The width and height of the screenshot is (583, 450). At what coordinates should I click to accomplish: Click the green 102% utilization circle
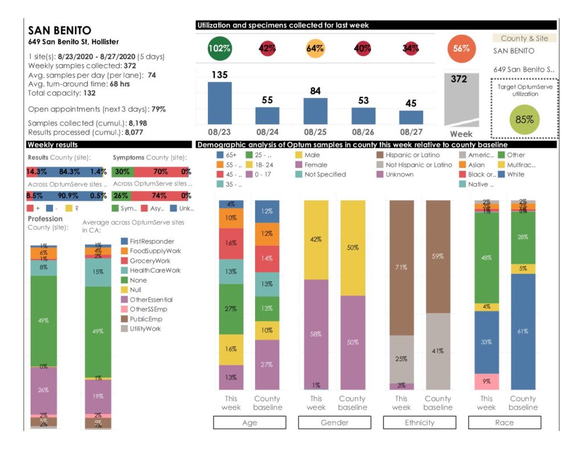point(219,48)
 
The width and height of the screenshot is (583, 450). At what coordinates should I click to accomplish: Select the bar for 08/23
point(219,103)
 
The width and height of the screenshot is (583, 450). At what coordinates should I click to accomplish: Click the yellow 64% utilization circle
point(315,48)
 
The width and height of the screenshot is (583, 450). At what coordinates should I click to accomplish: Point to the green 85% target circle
point(524,119)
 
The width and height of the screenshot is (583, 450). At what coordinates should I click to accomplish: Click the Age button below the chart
point(249,423)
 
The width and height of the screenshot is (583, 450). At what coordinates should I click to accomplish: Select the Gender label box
point(334,423)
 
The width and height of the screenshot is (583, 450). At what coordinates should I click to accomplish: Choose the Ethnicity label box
point(419,423)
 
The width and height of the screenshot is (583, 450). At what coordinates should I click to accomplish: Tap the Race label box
point(504,423)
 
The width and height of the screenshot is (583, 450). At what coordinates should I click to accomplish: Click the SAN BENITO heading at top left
point(59,31)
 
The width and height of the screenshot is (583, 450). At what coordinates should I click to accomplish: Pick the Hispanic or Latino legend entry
point(409,155)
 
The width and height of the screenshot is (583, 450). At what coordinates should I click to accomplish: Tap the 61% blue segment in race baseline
point(523,331)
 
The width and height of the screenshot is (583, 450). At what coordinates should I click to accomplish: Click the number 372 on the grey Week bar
point(459,79)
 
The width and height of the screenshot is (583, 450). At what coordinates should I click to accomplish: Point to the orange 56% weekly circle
point(461,48)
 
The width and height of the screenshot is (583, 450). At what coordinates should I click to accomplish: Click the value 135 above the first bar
point(219,75)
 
